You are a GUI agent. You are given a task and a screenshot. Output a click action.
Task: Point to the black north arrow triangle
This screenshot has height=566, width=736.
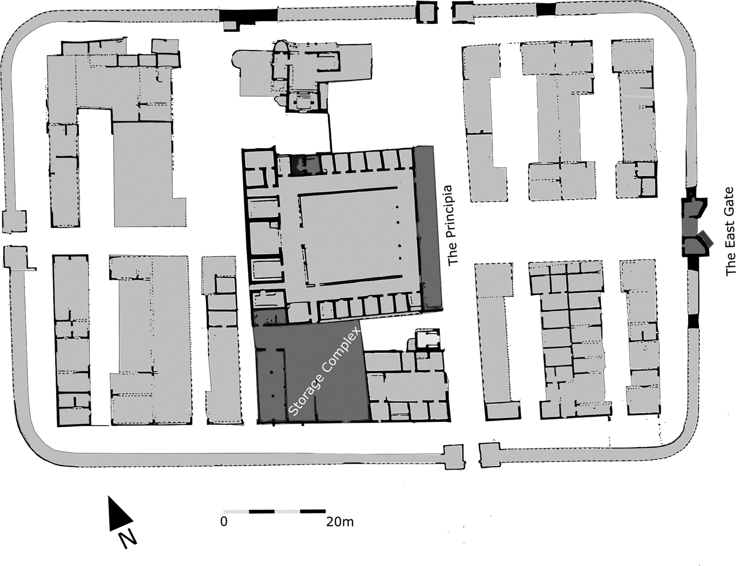118,514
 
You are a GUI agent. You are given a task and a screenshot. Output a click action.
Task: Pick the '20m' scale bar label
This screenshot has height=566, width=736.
340,522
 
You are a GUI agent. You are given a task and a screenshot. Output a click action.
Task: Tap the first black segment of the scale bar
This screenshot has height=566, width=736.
262,511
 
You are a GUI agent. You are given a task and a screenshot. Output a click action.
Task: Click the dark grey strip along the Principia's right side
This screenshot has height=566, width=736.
429,227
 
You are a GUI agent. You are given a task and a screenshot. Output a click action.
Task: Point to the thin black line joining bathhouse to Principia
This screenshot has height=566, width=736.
329,132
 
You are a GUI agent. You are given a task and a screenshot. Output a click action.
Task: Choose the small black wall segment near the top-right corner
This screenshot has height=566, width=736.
546,9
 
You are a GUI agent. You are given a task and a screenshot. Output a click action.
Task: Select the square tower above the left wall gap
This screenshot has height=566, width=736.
14,221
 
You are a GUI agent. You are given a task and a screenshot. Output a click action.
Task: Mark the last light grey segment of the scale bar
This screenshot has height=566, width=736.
287,511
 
